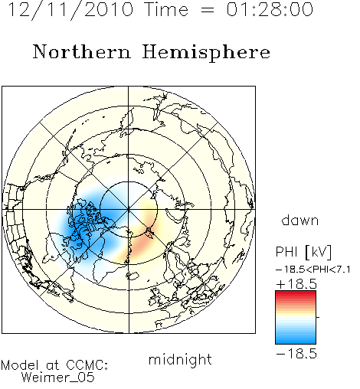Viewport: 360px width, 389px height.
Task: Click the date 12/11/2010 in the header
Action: (x=70, y=10)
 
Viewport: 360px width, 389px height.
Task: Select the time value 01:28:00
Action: (x=270, y=9)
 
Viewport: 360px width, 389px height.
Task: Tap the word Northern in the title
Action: (x=82, y=52)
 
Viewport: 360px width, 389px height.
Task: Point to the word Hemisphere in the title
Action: (x=206, y=53)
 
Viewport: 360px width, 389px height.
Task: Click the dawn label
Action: (x=300, y=220)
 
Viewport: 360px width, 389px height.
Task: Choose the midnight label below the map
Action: (x=180, y=360)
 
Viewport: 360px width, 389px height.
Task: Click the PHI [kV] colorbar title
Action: (x=303, y=252)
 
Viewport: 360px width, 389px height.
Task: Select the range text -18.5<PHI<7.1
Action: (x=313, y=270)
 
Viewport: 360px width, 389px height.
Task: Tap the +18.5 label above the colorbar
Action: (x=296, y=284)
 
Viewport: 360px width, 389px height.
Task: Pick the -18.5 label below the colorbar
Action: (x=296, y=354)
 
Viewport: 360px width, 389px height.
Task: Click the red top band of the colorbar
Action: (x=296, y=293)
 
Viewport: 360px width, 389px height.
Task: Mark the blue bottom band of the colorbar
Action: (x=296, y=342)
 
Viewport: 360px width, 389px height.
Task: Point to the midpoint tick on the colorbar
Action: (x=318, y=317)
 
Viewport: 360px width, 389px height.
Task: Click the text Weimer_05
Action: (x=57, y=378)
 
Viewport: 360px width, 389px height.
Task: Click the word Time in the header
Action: (x=166, y=9)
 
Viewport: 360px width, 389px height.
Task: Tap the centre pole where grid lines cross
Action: (x=129, y=210)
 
